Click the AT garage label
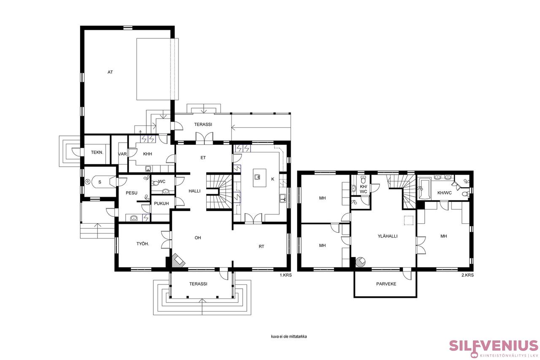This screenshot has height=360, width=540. pos(110,72)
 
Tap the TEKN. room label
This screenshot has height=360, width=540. pos(97,152)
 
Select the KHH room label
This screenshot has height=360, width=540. pos(148,154)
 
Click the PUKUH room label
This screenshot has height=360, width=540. pos(161,203)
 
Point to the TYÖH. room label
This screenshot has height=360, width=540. pos(143,244)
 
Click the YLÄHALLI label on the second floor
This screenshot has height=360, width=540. pos(388,236)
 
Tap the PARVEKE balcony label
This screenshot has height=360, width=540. pos(386,284)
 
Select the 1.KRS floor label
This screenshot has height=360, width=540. pos(286,275)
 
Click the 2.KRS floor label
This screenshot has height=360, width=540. pos(468,275)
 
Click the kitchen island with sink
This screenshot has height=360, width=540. pos(259,178)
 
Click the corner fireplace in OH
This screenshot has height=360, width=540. pos(178,260)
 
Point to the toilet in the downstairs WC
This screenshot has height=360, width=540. pos(155,183)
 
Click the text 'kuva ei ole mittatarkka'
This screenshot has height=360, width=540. pos(289,337)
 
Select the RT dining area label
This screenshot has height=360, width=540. pos(261,246)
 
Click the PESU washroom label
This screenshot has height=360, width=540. pos(132,193)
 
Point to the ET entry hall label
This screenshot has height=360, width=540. pos(203,158)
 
